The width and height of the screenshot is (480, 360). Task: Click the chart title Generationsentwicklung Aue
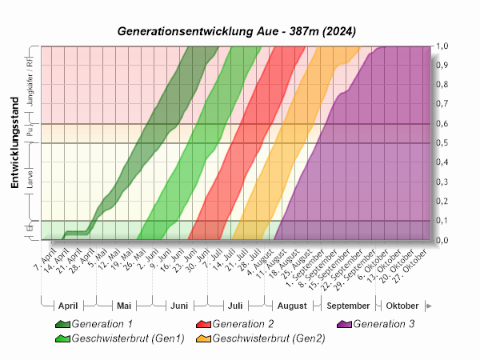(237, 31)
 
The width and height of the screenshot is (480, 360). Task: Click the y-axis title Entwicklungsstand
(14, 152)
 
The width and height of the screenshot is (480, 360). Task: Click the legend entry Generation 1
(102, 324)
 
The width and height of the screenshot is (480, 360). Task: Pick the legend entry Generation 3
(383, 324)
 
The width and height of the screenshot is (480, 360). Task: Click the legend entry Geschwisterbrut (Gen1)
(128, 338)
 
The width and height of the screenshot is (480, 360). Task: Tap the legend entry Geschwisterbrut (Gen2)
(269, 338)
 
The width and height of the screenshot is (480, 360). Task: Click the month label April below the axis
(68, 306)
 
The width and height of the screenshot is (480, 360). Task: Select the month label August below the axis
(292, 306)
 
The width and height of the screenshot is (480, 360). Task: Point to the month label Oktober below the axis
(402, 306)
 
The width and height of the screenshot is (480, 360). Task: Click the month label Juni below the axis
(179, 306)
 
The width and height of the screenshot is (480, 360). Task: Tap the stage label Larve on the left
(30, 182)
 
